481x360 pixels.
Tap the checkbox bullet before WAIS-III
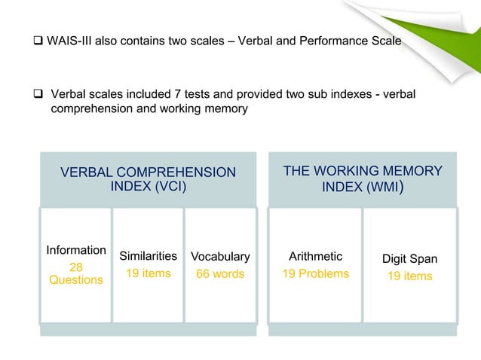37,39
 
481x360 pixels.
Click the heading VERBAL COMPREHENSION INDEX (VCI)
148,179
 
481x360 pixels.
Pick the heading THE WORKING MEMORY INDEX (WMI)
362,178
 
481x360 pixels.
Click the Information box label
75,250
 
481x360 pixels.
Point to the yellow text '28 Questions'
75,273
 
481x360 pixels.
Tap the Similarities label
148,256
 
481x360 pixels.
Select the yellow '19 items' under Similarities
148,273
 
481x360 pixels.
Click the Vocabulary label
220,256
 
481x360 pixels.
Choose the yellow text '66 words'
220,273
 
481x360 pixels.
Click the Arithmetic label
315,256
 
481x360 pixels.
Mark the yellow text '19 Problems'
315,273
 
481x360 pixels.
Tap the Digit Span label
409,259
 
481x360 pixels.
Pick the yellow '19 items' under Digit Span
409,276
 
